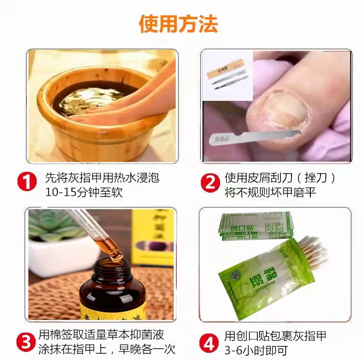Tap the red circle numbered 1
[x=27, y=182]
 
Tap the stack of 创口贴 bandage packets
[x=253, y=224]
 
